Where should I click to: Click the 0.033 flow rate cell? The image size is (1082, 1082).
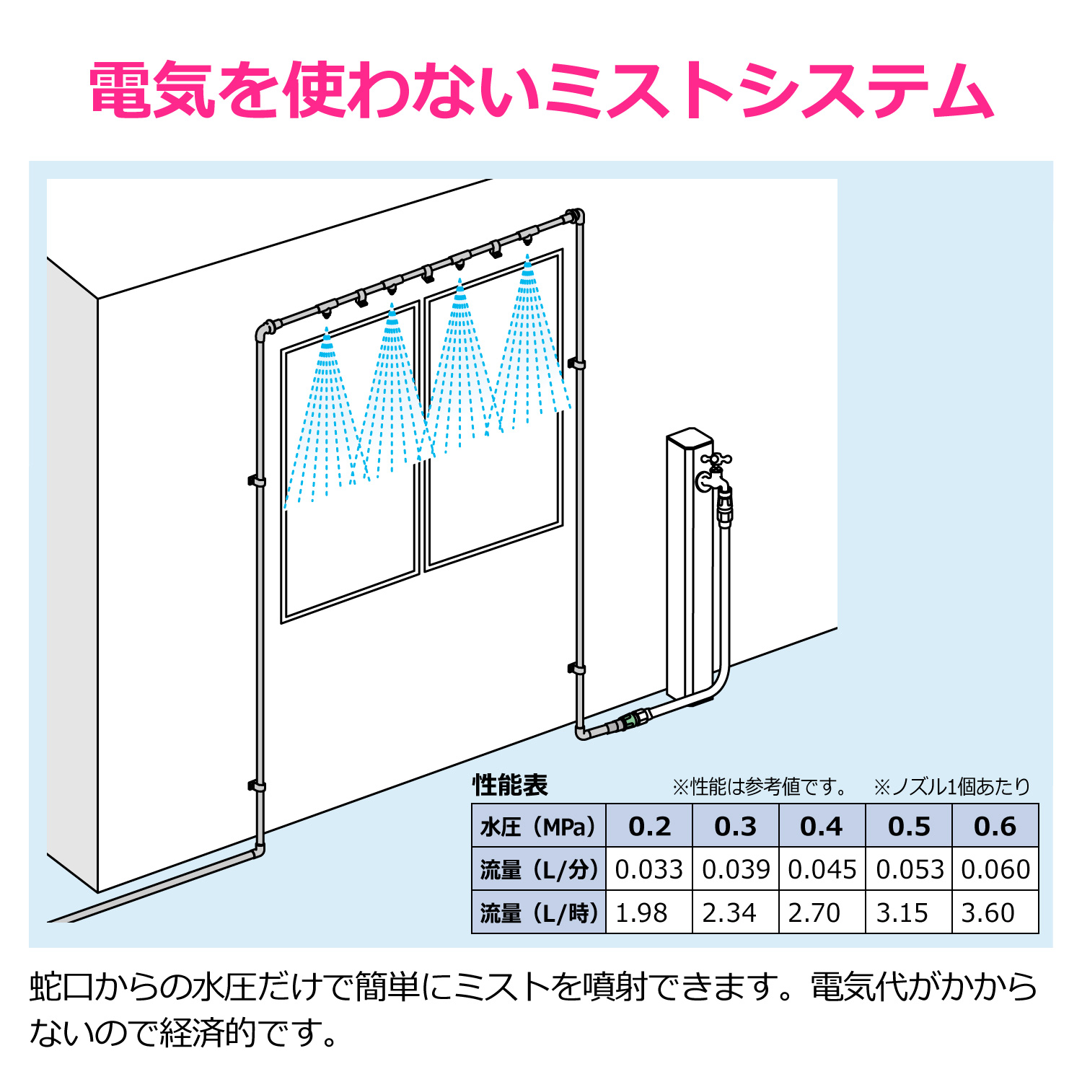tap(648, 869)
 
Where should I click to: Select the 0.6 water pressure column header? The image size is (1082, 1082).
tap(995, 826)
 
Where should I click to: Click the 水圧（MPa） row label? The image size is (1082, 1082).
tap(539, 827)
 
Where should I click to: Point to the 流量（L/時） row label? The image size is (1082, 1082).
tap(539, 913)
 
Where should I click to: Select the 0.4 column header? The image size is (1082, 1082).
tap(822, 826)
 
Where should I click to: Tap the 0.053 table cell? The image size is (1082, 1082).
tap(910, 869)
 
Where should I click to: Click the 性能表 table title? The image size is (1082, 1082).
tap(510, 785)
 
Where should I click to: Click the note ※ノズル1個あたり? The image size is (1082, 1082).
tap(951, 786)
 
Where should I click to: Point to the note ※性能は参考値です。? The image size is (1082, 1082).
tap(760, 786)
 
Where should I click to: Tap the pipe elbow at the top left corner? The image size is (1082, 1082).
tap(263, 331)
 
